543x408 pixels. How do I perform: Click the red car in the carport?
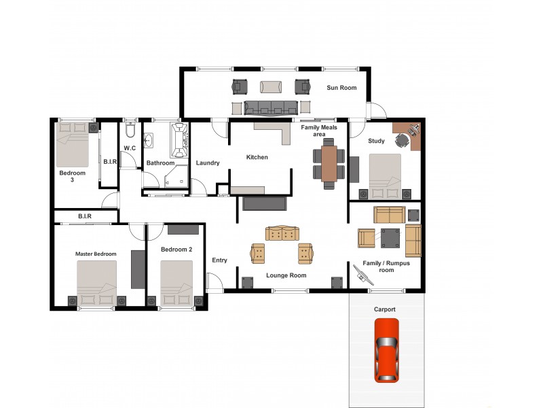[386, 350]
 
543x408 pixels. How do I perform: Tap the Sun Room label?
[341, 88]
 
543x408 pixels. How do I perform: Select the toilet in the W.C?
[131, 130]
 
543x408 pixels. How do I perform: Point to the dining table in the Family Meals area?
[329, 163]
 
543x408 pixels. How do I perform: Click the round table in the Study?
[402, 139]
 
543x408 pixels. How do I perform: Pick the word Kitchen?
[257, 158]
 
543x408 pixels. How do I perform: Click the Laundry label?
[207, 163]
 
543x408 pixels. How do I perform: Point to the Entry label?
[219, 260]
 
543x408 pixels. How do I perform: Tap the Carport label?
[385, 309]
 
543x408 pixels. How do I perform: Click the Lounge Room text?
[286, 275]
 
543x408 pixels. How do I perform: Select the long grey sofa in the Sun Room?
[271, 107]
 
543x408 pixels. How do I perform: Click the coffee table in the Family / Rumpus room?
[390, 237]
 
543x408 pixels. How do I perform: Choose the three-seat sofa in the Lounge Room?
[282, 233]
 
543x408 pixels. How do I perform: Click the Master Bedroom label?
[96, 254]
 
